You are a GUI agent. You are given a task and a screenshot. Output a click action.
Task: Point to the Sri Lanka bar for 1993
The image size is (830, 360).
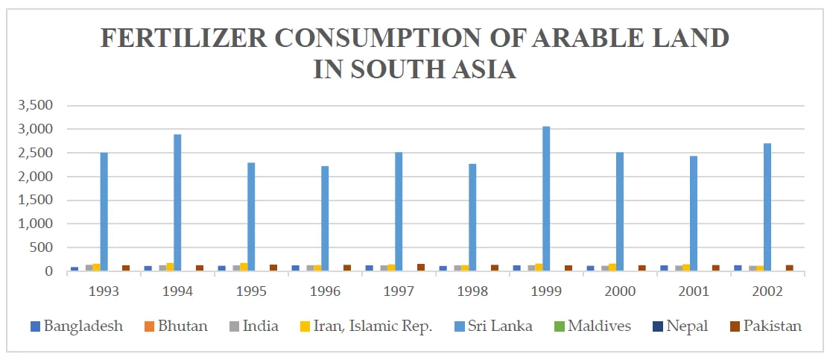pos(104,212)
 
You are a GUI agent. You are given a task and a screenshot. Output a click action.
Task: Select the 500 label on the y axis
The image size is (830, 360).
pos(41,247)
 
